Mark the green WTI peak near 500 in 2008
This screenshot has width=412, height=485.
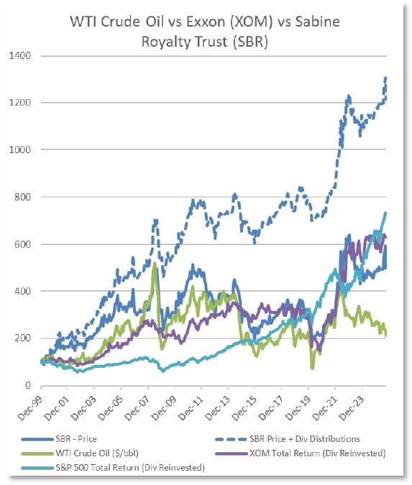click(x=155, y=264)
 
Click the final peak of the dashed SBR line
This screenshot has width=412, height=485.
click(x=385, y=78)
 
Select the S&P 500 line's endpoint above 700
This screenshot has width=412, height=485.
click(x=385, y=213)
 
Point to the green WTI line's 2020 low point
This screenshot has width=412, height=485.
click(x=312, y=368)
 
